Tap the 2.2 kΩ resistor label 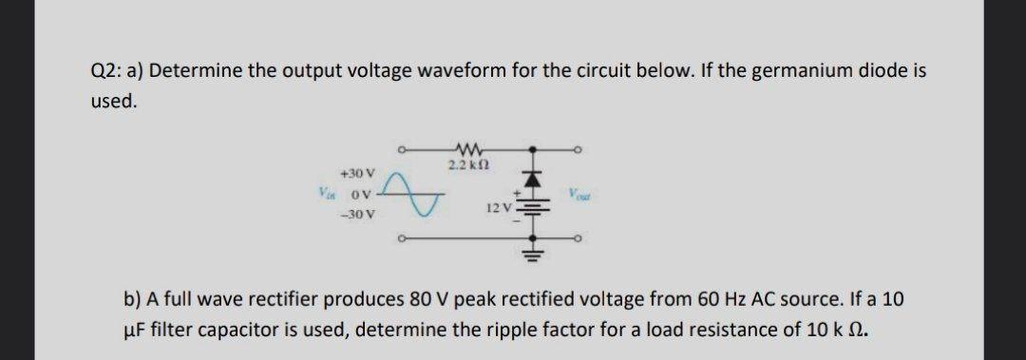466,165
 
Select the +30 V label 359,174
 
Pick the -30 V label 359,216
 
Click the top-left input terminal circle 403,148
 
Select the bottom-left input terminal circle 403,239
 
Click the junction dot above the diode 533,148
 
